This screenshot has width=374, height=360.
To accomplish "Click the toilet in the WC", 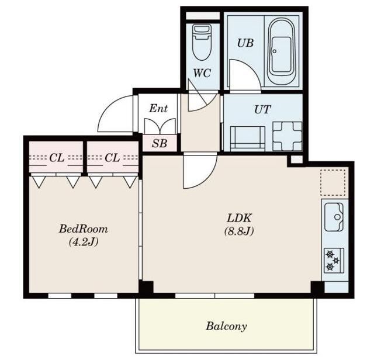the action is click(202, 41).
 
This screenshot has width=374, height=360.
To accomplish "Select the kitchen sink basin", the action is click(334, 217).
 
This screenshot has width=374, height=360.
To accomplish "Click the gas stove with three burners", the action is click(334, 260).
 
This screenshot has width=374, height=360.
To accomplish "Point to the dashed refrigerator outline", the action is click(333, 182).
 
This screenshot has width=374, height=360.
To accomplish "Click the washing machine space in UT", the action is click(287, 136).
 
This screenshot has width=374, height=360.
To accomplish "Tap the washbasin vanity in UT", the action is click(248, 139).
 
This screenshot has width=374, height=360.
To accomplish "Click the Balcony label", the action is click(226, 326).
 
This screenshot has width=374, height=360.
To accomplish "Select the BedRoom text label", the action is click(83, 229).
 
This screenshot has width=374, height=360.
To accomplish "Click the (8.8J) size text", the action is click(239, 231).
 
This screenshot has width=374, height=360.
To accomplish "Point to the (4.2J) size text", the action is click(84, 243).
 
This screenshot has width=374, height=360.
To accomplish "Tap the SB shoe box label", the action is click(160, 143).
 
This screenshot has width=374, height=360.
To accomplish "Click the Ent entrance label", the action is click(158, 109).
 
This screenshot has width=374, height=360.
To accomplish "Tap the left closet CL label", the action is click(57, 158).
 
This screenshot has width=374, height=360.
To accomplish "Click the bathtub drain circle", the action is click(275, 51).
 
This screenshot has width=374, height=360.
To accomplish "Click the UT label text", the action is click(262, 109).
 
